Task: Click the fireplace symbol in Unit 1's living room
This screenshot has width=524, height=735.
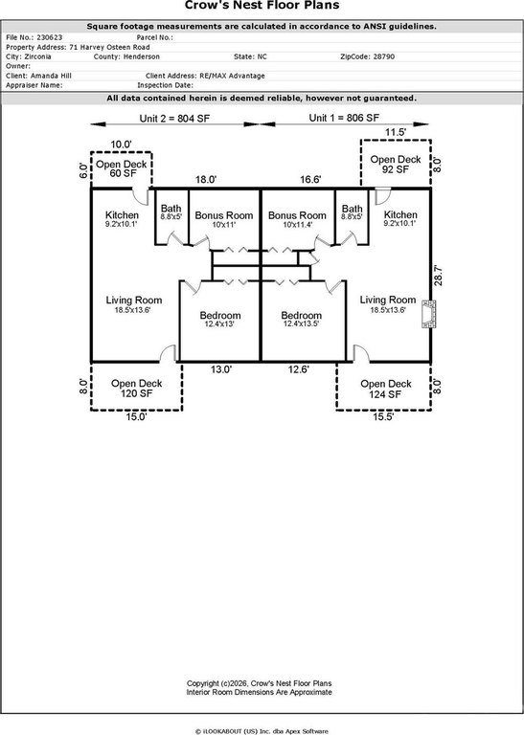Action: [x=428, y=314]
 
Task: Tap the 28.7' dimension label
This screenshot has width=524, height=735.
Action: [x=438, y=276]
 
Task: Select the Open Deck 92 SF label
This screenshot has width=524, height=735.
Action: [x=396, y=165]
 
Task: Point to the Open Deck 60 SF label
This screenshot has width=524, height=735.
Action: [x=122, y=168]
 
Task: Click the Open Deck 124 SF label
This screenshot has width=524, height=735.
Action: [x=386, y=390]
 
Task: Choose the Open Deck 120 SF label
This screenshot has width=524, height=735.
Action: [x=137, y=389]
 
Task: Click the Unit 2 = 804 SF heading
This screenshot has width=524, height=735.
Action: [x=174, y=119]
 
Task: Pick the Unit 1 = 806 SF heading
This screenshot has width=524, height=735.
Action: [x=344, y=118]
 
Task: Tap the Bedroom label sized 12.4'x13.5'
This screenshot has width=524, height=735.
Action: [x=301, y=319]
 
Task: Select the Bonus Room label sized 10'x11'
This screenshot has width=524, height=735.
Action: [x=224, y=219]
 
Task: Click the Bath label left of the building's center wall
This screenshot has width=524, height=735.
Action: [x=171, y=212]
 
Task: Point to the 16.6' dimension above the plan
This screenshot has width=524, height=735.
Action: [x=310, y=180]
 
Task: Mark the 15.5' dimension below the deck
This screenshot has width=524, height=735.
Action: [x=383, y=416]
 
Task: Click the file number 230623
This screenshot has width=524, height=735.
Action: [x=49, y=37]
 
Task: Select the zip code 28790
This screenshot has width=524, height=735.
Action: [x=384, y=56]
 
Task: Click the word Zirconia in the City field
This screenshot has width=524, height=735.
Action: [x=37, y=56]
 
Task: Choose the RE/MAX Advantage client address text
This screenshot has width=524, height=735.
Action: [x=232, y=76]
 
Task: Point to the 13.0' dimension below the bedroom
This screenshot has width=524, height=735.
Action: [x=221, y=369]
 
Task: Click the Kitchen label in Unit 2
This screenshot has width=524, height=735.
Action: [x=122, y=218]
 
